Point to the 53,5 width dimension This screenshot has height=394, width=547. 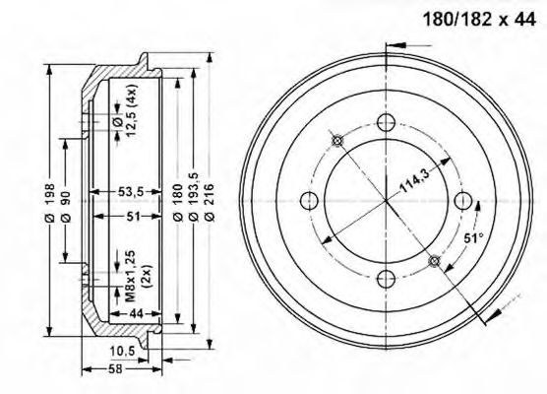(131, 191)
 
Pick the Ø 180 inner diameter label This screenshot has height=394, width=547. (178, 202)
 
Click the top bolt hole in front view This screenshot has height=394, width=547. (386, 124)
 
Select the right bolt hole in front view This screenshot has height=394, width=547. (462, 202)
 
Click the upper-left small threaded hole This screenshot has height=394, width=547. (337, 141)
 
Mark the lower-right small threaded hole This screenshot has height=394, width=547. (434, 261)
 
